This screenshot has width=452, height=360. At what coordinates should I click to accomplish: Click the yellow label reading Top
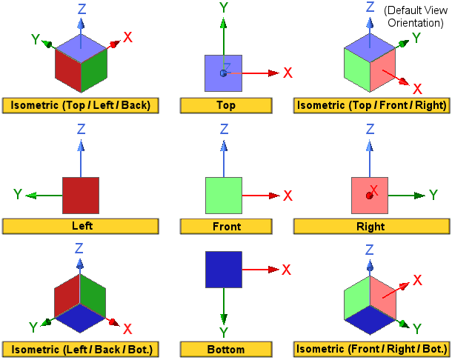225,105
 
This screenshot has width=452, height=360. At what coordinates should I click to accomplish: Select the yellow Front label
225,227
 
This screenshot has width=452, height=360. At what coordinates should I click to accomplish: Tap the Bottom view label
225,348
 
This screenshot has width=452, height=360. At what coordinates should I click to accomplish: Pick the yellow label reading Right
370,227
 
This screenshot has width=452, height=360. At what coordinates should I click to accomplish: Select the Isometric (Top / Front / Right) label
370,105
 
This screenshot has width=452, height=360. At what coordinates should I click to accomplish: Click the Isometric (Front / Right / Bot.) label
370,348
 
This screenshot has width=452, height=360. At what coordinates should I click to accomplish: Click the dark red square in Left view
81,196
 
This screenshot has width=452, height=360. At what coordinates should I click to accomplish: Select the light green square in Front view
224,196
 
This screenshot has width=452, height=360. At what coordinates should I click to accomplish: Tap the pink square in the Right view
370,196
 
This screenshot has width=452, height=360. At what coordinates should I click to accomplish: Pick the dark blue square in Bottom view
224,269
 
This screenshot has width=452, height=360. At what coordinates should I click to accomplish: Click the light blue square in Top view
223,73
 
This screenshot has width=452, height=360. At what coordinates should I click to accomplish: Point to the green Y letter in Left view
18,195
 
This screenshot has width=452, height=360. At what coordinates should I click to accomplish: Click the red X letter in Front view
288,196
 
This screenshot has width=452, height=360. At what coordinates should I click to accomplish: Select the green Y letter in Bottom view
224,332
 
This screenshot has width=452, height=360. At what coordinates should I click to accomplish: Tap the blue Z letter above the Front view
224,130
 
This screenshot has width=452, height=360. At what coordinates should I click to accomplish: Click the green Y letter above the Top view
223,8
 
